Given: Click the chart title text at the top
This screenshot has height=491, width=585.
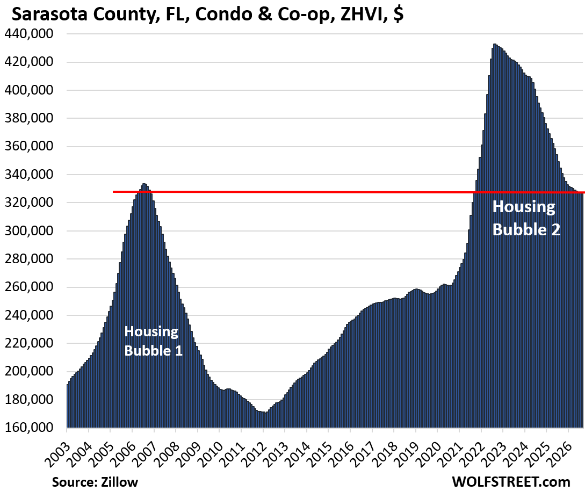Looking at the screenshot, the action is click(208, 14).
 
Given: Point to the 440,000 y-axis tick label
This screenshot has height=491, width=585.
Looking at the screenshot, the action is click(29, 34).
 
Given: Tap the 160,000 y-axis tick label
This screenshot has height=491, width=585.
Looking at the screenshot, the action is click(29, 427).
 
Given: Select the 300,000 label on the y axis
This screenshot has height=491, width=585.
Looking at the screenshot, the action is click(29, 230).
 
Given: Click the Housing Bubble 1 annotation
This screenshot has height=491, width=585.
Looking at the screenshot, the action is click(153, 341).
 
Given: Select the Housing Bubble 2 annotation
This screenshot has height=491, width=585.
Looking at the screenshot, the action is click(526, 218).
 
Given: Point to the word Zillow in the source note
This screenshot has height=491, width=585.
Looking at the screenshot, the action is click(119, 482).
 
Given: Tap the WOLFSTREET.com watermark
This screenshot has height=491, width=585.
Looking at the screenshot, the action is click(511, 481).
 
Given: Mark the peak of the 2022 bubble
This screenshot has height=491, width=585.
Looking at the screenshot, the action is click(494, 44).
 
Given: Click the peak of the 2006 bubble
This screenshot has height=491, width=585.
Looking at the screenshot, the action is click(144, 184).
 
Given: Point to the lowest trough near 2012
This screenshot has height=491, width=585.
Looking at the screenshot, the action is click(265, 412).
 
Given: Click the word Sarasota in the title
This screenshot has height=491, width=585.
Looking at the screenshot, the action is click(50, 14).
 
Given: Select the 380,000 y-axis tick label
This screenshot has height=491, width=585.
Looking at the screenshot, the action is click(29, 118).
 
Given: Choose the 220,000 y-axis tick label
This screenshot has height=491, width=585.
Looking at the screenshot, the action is click(29, 343).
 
